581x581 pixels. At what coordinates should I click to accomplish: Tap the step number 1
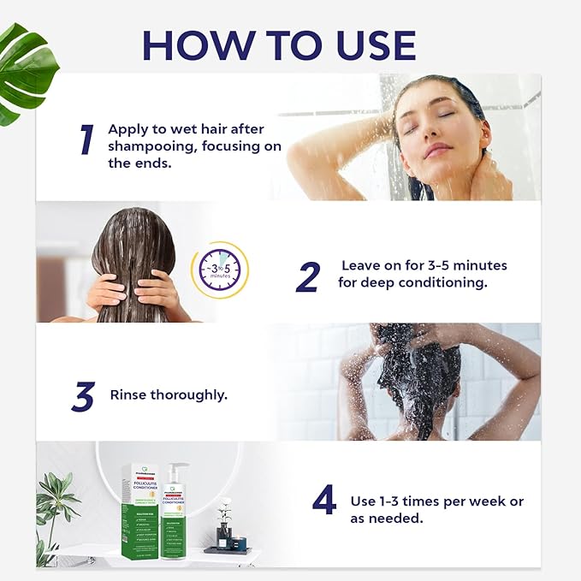[x=86, y=140]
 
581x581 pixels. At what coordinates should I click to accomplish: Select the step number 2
[x=307, y=276]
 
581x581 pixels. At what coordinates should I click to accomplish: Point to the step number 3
[x=83, y=396]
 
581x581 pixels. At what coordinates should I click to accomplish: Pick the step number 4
[x=324, y=501]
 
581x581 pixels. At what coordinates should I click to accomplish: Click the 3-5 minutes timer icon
[x=219, y=270]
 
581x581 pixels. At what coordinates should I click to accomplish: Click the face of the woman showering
[x=437, y=128]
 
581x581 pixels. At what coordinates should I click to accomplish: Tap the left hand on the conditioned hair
[x=105, y=293]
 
